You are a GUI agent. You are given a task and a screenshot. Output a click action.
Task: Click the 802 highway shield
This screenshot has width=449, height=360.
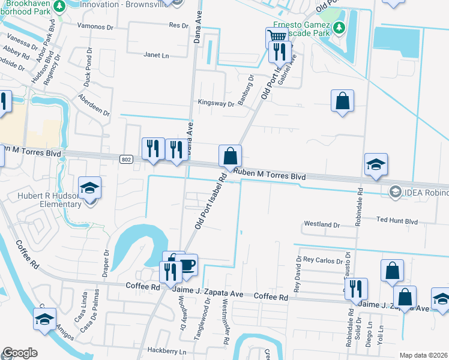(125, 159)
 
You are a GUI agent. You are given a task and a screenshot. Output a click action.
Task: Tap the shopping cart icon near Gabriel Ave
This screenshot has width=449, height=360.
(276, 37)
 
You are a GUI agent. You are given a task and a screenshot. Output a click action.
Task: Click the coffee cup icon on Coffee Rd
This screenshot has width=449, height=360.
(187, 265)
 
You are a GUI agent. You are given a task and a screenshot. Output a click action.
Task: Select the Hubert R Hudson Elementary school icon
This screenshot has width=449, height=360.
(90, 188)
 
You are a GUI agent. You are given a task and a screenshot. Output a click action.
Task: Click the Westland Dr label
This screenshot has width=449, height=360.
(322, 224)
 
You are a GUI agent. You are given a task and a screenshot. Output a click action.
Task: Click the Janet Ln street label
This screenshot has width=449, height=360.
(156, 55)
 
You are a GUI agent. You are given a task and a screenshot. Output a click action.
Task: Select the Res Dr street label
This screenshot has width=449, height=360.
(178, 25)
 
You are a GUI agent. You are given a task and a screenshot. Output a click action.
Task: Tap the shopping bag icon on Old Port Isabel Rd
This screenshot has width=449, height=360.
(230, 156)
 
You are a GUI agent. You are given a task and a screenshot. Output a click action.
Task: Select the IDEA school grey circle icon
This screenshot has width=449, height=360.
(395, 192)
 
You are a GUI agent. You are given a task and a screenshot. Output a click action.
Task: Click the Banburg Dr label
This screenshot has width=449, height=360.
(245, 89)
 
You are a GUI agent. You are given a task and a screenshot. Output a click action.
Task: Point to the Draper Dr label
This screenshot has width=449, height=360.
(107, 262)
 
